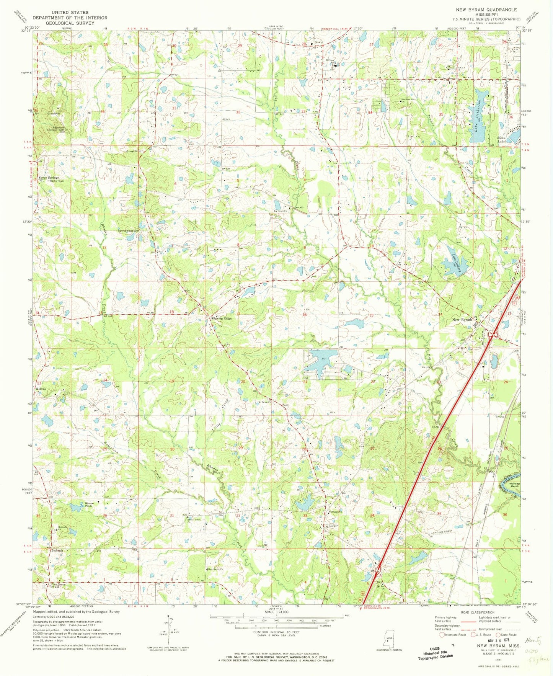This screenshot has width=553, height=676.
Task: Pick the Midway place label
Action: click(41, 389)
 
